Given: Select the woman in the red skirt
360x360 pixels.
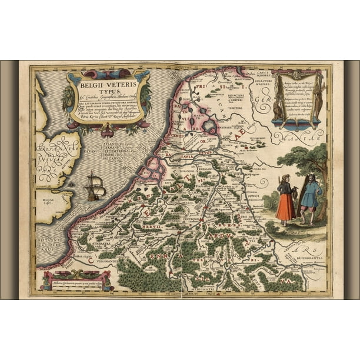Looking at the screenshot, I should click(285, 199).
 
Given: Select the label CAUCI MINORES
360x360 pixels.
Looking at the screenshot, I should click(256, 76).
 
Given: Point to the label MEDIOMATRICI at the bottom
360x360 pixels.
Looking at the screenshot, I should click(202, 289).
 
